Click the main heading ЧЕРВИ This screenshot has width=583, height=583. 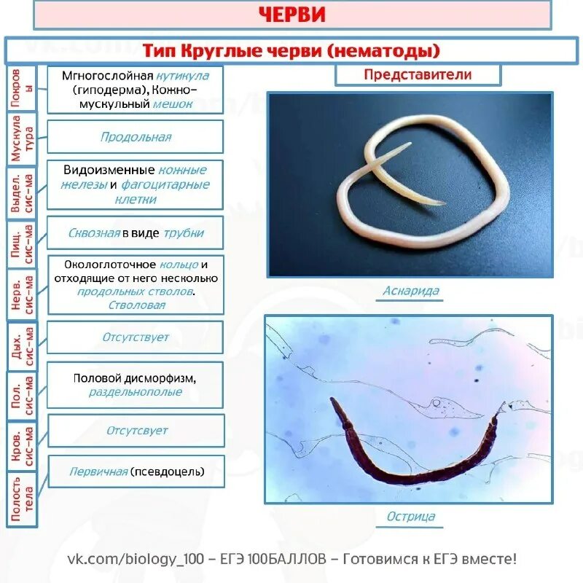(x=291, y=15)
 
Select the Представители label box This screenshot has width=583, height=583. (x=418, y=74)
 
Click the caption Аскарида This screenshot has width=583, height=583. (x=411, y=291)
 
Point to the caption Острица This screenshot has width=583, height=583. (x=411, y=517)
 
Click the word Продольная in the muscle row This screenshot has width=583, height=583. (x=136, y=137)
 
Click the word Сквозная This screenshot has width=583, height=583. (x=94, y=233)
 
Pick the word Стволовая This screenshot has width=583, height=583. (x=136, y=305)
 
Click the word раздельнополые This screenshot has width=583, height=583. (x=136, y=392)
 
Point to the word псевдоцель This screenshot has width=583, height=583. (x=167, y=472)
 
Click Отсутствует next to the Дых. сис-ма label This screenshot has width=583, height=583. (x=136, y=337)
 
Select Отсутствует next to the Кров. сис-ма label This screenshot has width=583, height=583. (x=137, y=430)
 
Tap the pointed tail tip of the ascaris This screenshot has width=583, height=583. (x=444, y=203)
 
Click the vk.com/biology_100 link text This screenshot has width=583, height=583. (x=135, y=559)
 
